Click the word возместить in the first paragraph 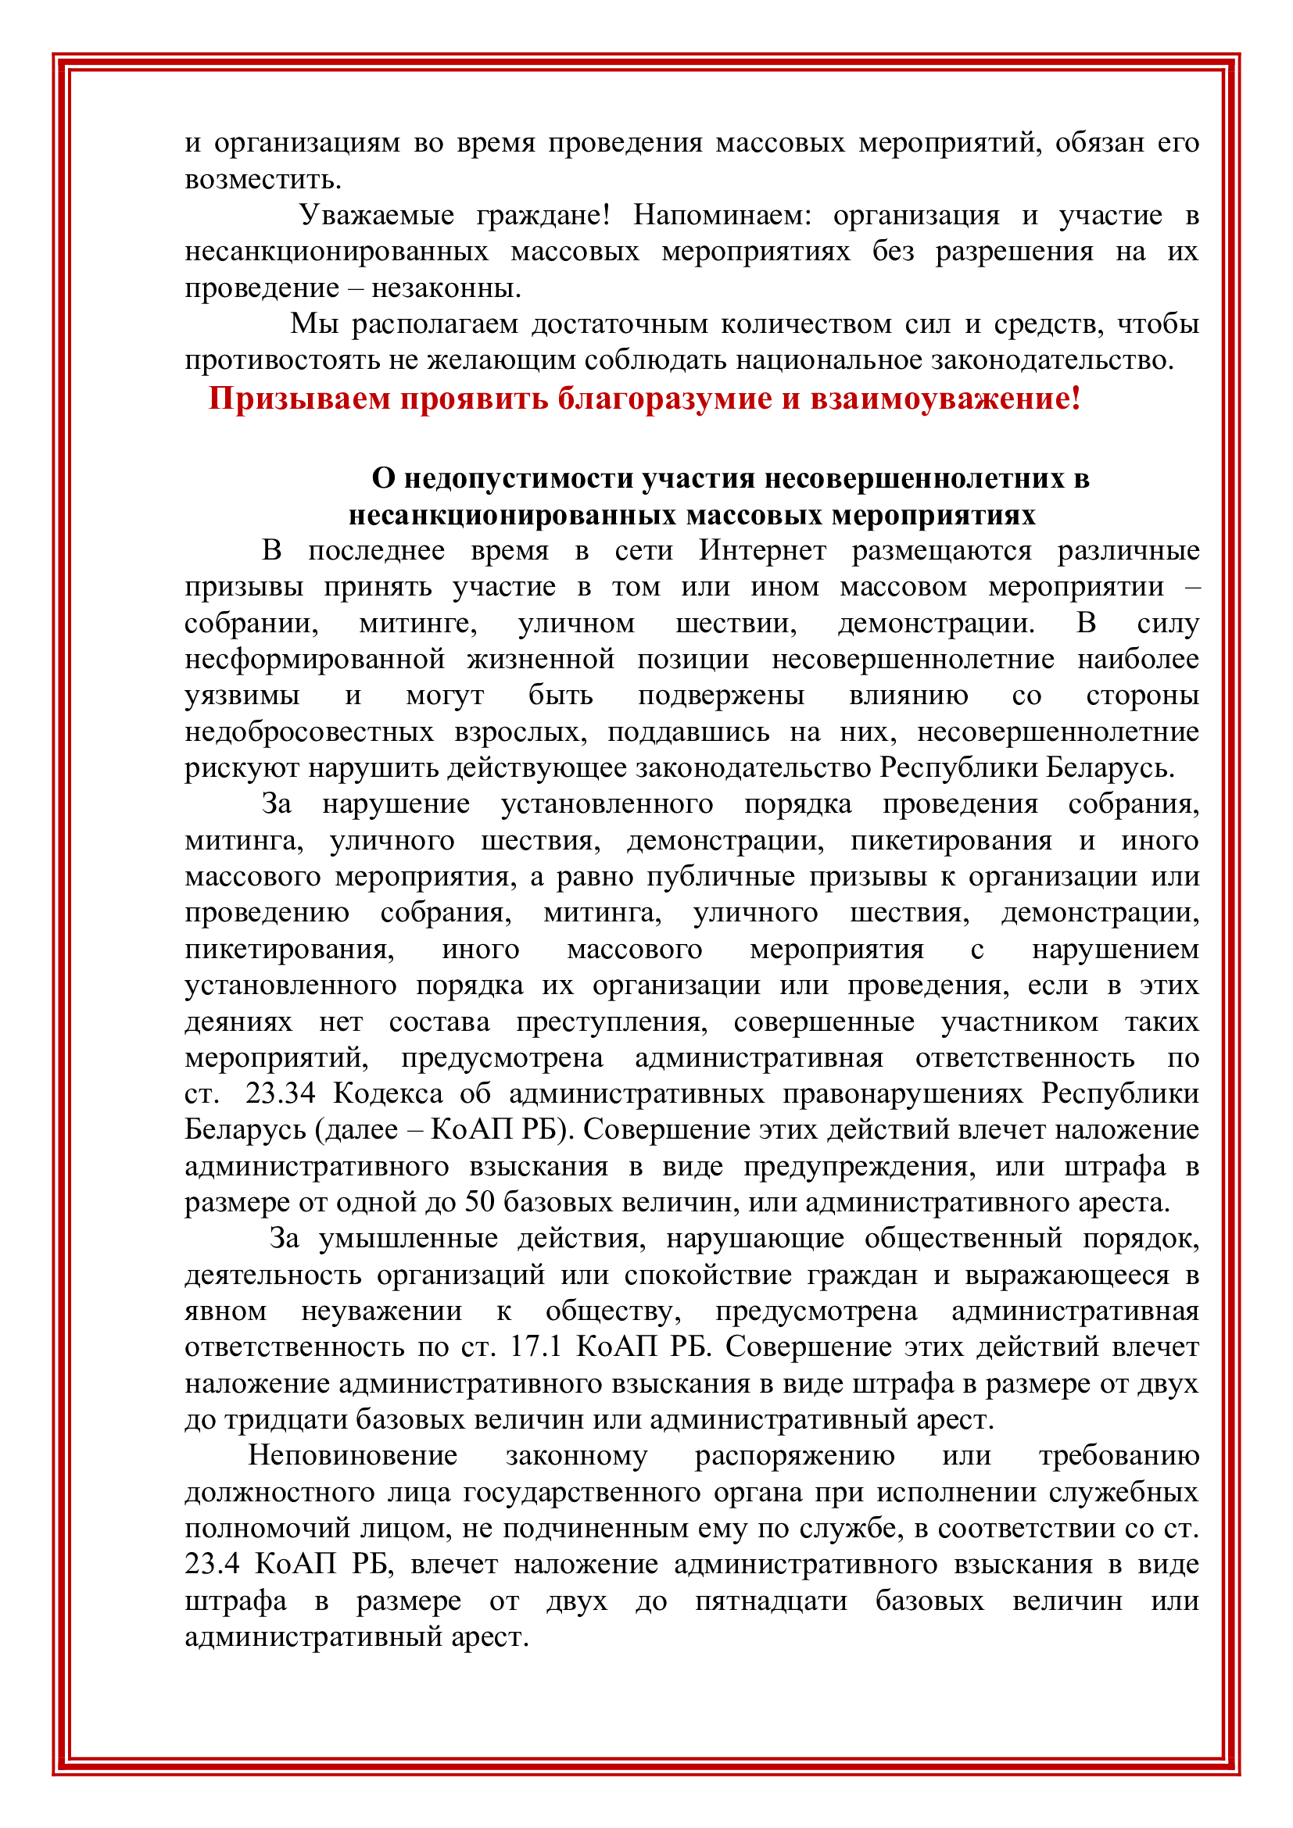tap(263, 180)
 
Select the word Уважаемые tap(377, 215)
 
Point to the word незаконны tap(446, 288)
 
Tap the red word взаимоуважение tap(946, 398)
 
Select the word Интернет tap(763, 551)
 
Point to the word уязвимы tap(242, 696)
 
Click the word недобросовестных tap(310, 732)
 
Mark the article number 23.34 tap(281, 1094)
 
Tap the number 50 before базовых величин tap(480, 1202)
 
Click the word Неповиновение tap(353, 1456)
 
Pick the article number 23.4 tap(212, 1565)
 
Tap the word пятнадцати tap(771, 1601)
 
